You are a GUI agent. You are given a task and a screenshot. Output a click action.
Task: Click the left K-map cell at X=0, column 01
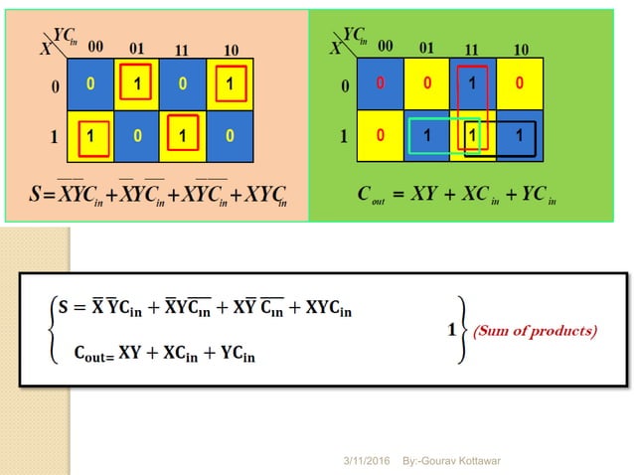(137, 84)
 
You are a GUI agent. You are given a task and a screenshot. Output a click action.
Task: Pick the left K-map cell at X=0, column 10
(230, 84)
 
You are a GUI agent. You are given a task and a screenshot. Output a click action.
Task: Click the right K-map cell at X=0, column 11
(475, 84)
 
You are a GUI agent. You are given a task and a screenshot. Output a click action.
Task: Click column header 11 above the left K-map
(183, 49)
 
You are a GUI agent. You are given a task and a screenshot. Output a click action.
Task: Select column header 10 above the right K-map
(521, 49)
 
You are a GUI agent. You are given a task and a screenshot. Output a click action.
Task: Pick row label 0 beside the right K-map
(345, 86)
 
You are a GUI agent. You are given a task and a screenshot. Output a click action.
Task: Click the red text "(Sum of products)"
(550, 331)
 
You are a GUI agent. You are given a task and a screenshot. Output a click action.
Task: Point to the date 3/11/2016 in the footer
(367, 461)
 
